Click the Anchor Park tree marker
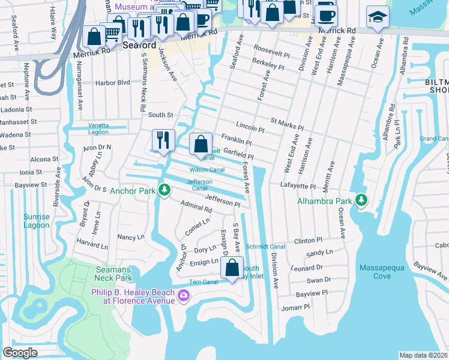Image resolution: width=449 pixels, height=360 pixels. [x=163, y=191]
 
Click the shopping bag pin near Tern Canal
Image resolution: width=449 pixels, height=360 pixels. [x=232, y=268]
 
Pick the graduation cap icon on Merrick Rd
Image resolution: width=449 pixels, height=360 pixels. [x=378, y=17]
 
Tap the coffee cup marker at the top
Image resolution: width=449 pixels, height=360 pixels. [x=326, y=14]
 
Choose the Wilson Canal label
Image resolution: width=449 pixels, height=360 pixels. [x=207, y=170]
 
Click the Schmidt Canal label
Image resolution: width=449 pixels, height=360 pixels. [x=265, y=247]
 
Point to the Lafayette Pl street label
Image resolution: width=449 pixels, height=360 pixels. [x=298, y=187]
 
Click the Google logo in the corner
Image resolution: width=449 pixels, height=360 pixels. [x=20, y=353]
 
